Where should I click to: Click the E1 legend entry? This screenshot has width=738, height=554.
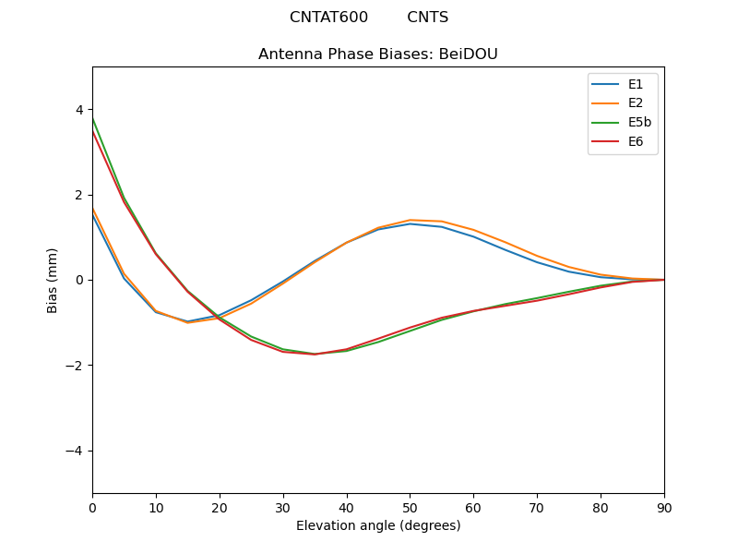(x=623, y=84)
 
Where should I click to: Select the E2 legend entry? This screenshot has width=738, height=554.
(x=623, y=103)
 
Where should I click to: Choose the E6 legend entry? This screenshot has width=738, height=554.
(x=623, y=142)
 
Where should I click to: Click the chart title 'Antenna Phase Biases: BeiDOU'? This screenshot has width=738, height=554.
(x=378, y=54)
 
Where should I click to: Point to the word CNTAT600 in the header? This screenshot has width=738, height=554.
(x=328, y=18)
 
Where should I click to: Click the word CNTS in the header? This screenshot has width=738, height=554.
(x=428, y=18)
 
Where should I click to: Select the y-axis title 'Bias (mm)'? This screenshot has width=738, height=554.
(x=54, y=280)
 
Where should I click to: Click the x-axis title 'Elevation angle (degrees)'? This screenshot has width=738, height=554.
(x=378, y=526)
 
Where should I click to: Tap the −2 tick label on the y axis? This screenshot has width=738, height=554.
(x=76, y=366)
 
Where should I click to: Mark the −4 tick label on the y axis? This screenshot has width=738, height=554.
(x=76, y=451)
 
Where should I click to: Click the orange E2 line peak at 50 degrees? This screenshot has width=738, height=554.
(x=410, y=220)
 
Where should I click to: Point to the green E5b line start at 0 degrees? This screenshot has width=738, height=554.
(x=93, y=118)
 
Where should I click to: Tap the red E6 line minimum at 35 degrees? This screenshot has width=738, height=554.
(x=315, y=355)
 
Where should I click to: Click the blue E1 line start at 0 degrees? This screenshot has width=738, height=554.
(x=93, y=216)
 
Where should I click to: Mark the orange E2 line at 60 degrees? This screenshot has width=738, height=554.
(x=473, y=230)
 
